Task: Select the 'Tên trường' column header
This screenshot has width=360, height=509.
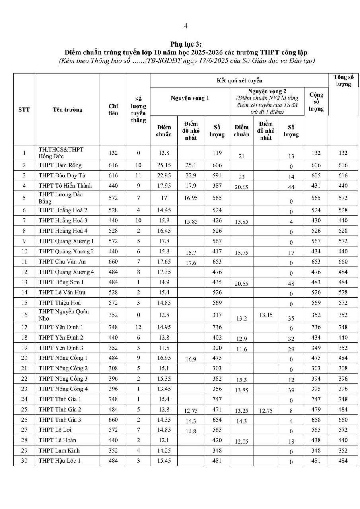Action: click(x=67, y=110)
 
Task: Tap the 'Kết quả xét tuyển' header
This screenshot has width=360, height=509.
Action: click(x=239, y=81)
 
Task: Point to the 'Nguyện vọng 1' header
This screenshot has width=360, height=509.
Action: click(x=190, y=98)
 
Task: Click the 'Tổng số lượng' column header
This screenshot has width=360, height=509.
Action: click(x=343, y=81)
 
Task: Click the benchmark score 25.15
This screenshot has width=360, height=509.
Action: click(x=164, y=165)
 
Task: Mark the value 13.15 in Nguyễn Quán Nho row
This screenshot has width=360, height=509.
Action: click(x=266, y=315)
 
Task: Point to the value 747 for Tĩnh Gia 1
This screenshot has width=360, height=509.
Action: click(x=217, y=399)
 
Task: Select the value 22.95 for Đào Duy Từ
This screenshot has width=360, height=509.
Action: click(x=164, y=175)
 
